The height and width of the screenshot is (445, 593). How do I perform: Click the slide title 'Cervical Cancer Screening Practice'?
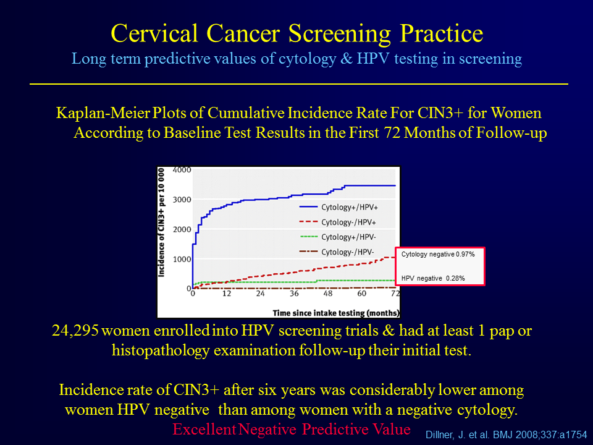[x=297, y=33]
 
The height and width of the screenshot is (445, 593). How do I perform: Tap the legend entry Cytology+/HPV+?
[x=339, y=208]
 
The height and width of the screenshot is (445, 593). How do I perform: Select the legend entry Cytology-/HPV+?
[x=338, y=222]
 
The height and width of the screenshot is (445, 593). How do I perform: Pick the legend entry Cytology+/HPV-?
[x=338, y=237]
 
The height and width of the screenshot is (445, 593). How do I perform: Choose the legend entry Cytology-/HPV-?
[x=337, y=252]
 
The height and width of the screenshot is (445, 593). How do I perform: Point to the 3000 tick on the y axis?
[x=182, y=200]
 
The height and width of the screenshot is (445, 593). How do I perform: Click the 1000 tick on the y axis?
[x=182, y=259]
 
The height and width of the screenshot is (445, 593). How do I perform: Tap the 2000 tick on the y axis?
[x=182, y=229]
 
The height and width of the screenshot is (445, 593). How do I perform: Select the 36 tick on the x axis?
[x=294, y=293]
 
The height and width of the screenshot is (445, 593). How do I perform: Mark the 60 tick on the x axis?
[x=361, y=293]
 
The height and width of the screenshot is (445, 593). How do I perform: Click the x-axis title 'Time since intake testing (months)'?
[x=336, y=313]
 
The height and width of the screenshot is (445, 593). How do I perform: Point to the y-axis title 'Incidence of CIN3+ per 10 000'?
[x=161, y=222]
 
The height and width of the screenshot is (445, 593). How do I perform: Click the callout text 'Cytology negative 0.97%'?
[x=438, y=254]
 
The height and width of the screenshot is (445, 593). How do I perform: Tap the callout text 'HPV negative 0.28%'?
[x=433, y=278]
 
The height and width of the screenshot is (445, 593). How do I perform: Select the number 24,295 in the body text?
[x=75, y=331]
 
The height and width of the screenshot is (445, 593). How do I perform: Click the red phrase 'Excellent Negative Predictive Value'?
[x=292, y=429]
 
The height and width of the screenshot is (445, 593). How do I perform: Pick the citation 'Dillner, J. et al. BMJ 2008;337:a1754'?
[x=507, y=434]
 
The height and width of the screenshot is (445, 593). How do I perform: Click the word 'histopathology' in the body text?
[x=161, y=350]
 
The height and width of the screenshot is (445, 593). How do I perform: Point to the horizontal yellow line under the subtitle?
[x=299, y=83]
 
